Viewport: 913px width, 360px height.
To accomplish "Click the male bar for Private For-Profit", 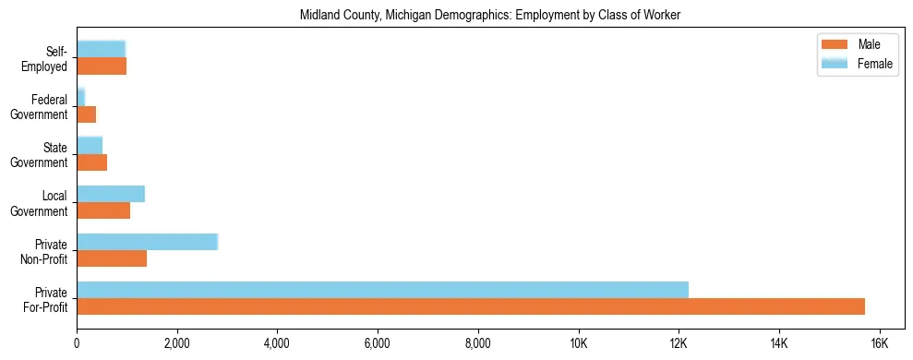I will [471, 306].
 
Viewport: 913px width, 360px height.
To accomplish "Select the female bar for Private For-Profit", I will [382, 290].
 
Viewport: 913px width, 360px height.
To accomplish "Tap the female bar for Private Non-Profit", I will [147, 242].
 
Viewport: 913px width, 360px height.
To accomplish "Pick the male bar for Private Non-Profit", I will [112, 258].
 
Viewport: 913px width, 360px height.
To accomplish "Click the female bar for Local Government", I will [111, 194].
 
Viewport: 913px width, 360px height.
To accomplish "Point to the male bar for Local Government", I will [103, 210].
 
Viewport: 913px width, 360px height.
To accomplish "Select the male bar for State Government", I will [91, 162].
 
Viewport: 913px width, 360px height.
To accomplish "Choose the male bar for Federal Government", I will [86, 114].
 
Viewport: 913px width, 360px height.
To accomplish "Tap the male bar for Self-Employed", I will [102, 66].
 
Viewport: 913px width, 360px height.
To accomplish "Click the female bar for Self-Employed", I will [101, 50].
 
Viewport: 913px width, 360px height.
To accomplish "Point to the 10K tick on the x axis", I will [578, 342].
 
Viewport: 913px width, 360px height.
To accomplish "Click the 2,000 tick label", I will [176, 342].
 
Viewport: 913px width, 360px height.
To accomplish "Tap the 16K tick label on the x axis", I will [879, 342].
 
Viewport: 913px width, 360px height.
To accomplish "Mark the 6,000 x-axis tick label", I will [378, 342].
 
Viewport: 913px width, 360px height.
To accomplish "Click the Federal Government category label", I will [49, 107].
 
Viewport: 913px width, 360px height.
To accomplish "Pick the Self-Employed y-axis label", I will [48, 59].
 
